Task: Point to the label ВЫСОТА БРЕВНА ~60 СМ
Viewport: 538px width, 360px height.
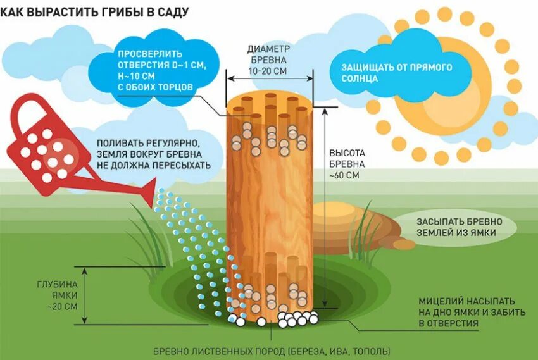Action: coord(347,164)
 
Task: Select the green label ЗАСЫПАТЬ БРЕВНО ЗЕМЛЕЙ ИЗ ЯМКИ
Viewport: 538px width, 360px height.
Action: coord(459,227)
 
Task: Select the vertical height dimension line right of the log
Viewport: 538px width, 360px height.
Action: coord(324,209)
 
